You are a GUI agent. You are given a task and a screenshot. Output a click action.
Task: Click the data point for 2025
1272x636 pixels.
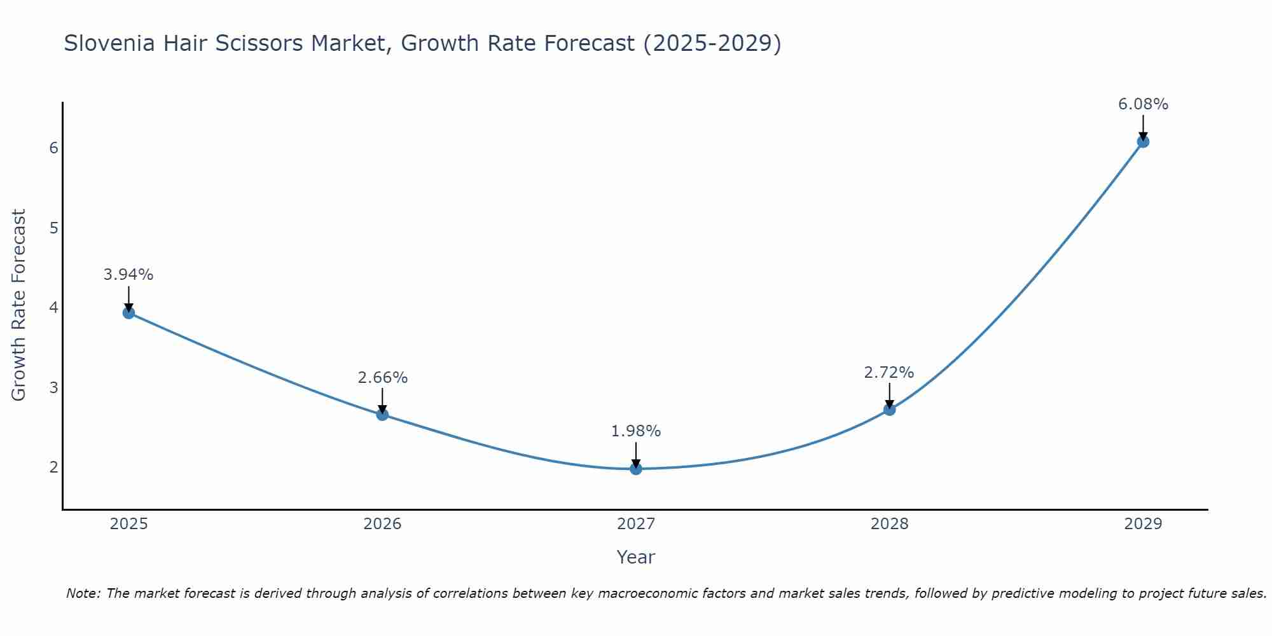coord(128,312)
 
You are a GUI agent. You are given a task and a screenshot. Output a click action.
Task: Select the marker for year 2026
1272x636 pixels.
coord(382,415)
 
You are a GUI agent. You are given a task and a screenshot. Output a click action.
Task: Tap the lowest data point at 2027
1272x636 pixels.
coord(636,469)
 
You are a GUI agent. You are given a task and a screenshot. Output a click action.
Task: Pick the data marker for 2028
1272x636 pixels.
coord(889,410)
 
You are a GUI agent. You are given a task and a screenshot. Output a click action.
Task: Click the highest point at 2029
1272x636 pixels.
coord(1143,141)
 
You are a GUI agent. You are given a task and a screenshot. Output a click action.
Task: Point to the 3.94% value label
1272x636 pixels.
coord(128,275)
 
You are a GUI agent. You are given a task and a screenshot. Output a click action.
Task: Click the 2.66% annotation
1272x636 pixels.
coord(382,378)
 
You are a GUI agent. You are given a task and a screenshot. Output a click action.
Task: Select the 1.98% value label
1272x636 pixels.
coord(636,431)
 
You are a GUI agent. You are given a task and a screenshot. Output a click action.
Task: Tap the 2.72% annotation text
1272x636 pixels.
coord(888,373)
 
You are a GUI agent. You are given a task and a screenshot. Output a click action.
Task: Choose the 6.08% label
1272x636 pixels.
coord(1143,104)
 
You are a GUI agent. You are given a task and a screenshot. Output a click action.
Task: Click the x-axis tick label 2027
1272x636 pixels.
coord(636,524)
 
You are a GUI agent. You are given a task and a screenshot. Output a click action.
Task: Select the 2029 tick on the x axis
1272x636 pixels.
coord(1143,524)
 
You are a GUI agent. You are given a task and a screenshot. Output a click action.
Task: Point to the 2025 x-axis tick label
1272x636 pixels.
coord(128,524)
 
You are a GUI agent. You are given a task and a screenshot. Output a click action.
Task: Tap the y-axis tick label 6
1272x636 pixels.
coord(53,148)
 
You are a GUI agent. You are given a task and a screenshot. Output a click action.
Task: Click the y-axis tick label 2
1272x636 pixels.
coord(53,467)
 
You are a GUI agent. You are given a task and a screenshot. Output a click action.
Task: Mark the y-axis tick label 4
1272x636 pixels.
coord(53,307)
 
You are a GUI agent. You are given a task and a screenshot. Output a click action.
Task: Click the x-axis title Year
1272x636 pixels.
coord(635,557)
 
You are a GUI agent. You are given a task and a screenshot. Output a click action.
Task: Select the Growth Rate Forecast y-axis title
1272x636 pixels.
coord(19,305)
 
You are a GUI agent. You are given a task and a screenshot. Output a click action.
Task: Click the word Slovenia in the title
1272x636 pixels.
coord(109,43)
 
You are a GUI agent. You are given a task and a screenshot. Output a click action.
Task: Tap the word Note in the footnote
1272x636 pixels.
coord(83,593)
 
